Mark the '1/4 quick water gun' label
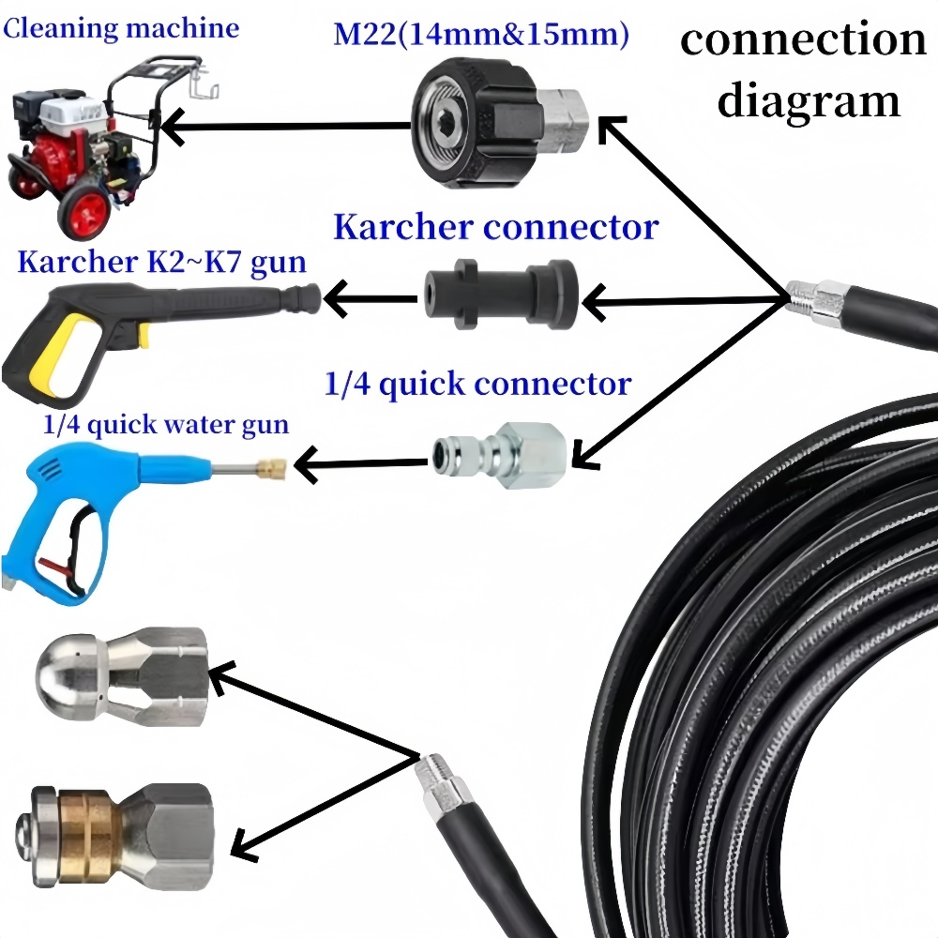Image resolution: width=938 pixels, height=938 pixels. tap(166, 425)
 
